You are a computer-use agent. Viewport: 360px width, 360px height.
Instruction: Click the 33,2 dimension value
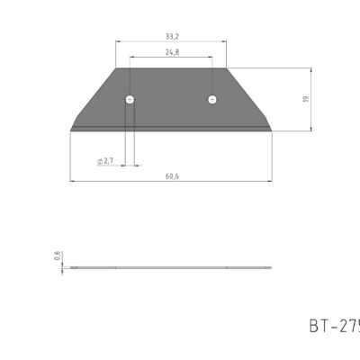tap(170, 36)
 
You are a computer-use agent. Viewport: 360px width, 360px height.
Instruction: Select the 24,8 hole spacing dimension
tap(170, 52)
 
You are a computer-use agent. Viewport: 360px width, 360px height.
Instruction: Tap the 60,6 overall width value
tap(170, 176)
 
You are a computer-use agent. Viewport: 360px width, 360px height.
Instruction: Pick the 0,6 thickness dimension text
tap(56, 256)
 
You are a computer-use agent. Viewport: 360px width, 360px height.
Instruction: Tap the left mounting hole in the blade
tap(130, 99)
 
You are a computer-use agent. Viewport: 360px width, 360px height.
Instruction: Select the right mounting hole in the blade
tap(211, 99)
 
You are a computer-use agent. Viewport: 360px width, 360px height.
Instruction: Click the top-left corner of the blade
tap(116, 69)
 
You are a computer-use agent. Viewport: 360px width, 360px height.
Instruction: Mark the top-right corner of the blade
tap(225, 69)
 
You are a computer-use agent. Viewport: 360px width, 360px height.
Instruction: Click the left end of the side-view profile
tap(71, 268)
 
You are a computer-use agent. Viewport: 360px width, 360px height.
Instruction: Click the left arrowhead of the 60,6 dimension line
tap(72, 182)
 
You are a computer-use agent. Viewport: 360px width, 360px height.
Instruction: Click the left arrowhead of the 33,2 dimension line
tap(118, 41)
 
